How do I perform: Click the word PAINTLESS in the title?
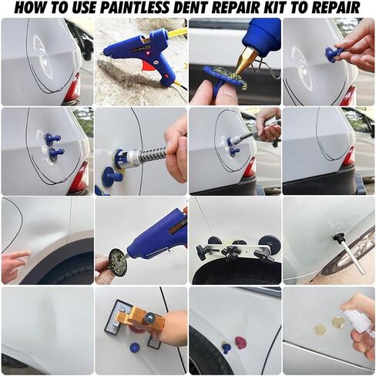pos(139,8)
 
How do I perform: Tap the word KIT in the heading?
pos(273,8)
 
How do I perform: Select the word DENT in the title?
pos(196,8)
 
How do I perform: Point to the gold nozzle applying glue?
pos(244,59)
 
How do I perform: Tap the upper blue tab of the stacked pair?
pos(52,139)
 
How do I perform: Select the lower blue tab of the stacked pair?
pos(55,153)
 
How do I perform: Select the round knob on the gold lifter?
pos(149,318)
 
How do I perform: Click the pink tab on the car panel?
pos(241,343)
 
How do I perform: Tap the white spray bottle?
pos(353,323)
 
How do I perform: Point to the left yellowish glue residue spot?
pos(320,329)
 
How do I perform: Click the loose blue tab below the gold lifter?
pos(135,347)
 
